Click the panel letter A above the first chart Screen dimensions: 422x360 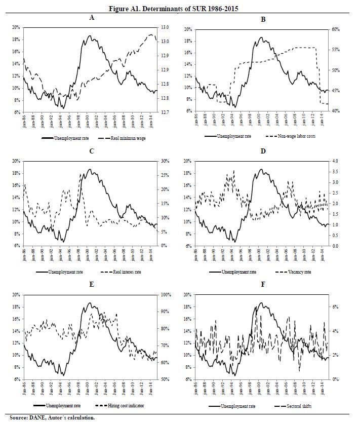91,17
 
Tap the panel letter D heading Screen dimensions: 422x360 263,151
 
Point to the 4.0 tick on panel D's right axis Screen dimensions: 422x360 334,161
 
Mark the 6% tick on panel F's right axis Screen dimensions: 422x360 335,307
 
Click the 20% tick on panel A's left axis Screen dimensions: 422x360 16,27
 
